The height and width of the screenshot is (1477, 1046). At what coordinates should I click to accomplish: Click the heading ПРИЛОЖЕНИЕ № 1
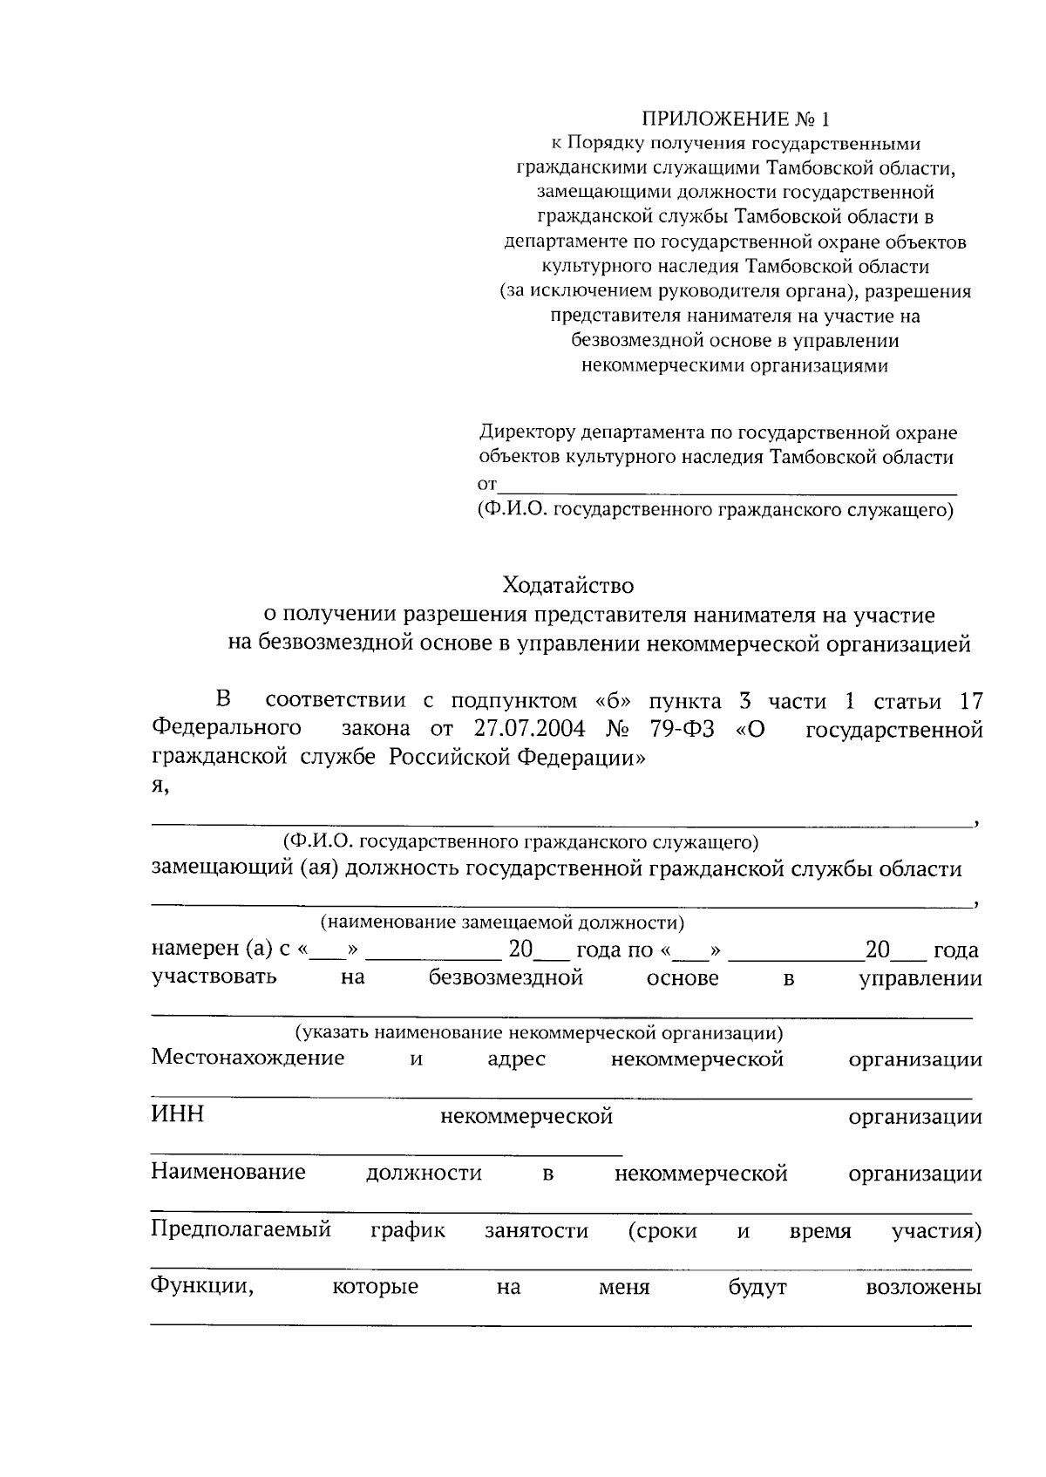(737, 119)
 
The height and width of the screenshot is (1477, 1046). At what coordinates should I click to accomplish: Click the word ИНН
(177, 1114)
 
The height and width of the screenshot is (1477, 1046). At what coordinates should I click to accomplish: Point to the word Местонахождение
(248, 1058)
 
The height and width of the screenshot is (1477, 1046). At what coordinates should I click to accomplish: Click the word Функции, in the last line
(202, 1286)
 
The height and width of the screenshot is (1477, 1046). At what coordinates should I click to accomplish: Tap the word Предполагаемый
(241, 1230)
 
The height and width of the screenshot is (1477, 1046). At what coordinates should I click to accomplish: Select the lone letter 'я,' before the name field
(160, 786)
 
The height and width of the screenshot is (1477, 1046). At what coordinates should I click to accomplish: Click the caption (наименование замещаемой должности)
(502, 922)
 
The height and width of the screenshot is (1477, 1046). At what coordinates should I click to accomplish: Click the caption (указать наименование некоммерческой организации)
(538, 1033)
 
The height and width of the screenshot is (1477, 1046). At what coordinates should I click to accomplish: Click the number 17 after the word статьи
(970, 702)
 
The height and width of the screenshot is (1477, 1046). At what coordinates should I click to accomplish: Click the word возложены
(923, 1287)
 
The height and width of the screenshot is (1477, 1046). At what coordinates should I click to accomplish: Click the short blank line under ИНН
(386, 1154)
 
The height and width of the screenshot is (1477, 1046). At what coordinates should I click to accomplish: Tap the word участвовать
(214, 977)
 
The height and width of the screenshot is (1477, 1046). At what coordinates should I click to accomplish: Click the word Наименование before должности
(228, 1172)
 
